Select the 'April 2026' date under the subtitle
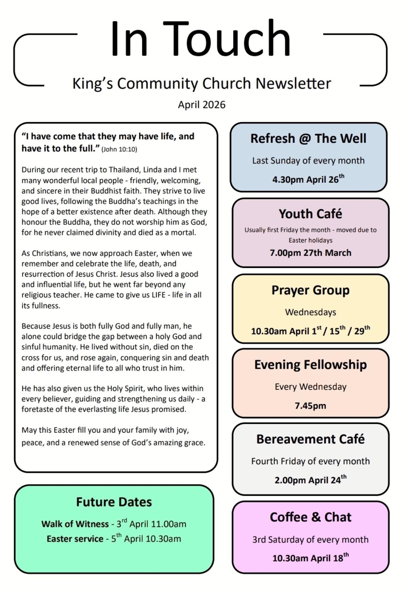(x=201, y=104)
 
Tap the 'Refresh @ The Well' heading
(x=308, y=138)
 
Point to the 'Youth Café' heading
(x=311, y=214)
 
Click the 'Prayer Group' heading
(x=311, y=290)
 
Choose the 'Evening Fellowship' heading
(x=311, y=365)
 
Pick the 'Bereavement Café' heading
(x=311, y=439)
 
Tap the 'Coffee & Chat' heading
(x=311, y=517)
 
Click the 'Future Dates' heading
(x=114, y=502)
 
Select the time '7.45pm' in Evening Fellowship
(x=311, y=406)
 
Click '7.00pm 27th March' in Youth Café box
(x=311, y=253)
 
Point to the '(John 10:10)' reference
(x=119, y=149)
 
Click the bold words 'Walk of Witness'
(x=75, y=524)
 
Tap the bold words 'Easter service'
(x=75, y=539)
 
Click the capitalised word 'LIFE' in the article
(x=158, y=295)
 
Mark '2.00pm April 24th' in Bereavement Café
(x=311, y=480)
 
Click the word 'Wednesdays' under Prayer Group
(x=311, y=312)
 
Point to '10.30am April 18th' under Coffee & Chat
(x=311, y=558)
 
